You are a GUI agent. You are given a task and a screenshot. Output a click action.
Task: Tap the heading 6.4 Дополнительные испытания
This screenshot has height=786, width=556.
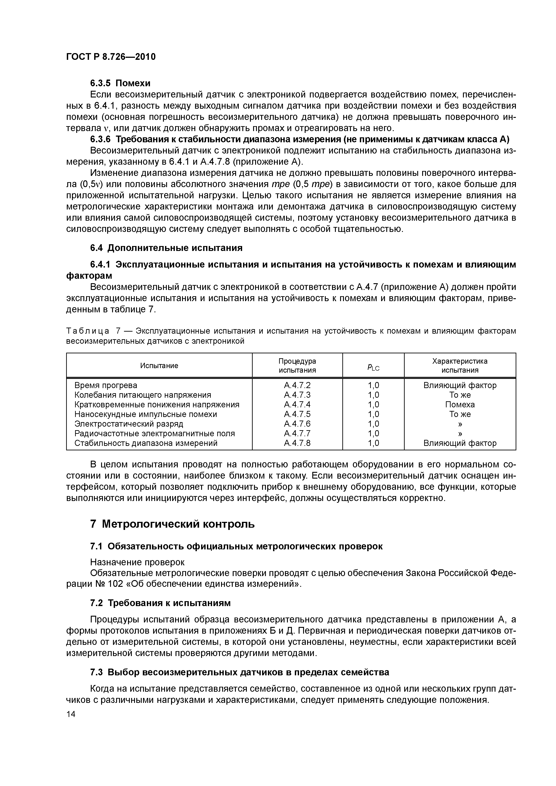tap(166, 248)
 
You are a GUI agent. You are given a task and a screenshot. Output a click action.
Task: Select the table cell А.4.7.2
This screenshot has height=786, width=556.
tap(297, 385)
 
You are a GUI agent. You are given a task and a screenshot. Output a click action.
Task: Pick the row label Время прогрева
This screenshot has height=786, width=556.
tap(106, 385)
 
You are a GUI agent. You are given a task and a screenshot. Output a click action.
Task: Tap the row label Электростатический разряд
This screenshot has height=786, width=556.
tap(129, 424)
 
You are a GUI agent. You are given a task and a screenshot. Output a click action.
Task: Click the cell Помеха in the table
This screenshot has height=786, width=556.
tap(460, 405)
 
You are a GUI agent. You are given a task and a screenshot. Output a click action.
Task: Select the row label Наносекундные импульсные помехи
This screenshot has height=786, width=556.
tap(146, 414)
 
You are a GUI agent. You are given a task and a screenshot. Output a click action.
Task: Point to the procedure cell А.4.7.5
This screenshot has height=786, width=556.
tap(297, 414)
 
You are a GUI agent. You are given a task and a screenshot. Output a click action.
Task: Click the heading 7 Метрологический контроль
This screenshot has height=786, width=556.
tap(172, 524)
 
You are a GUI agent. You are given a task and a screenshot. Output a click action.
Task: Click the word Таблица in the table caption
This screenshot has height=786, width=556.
tap(88, 331)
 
